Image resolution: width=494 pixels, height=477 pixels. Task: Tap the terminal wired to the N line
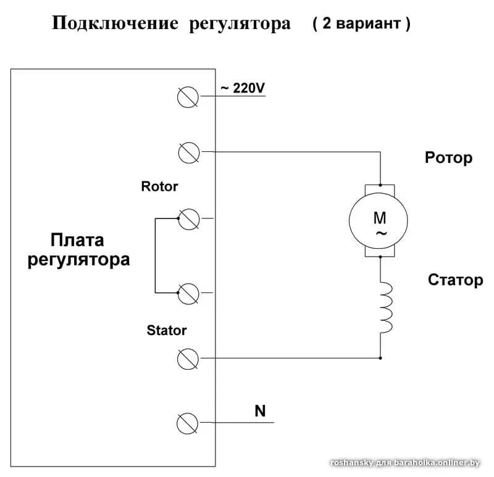(x=187, y=423)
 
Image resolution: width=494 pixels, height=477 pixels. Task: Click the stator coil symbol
(x=385, y=309)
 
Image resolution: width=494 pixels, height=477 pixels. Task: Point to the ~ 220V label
(x=242, y=88)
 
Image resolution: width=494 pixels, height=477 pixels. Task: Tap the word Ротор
(x=448, y=157)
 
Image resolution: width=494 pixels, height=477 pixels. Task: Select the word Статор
(x=455, y=280)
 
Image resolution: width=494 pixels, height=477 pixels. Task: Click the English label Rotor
(x=159, y=186)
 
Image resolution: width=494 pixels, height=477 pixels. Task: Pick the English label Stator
(x=166, y=330)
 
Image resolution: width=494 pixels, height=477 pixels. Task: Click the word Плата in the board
(x=78, y=239)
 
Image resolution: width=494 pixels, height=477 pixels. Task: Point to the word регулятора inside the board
(x=78, y=259)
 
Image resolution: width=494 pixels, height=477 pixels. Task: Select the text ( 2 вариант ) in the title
(x=361, y=24)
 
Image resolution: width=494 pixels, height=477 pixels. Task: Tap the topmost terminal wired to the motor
(x=187, y=151)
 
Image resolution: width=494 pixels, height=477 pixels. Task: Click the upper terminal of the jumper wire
(x=187, y=218)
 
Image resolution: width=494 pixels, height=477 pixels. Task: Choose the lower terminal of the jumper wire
(x=187, y=292)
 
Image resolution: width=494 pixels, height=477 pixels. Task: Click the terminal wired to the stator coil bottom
(x=187, y=357)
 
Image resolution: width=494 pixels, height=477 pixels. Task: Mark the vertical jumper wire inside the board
(x=155, y=255)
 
